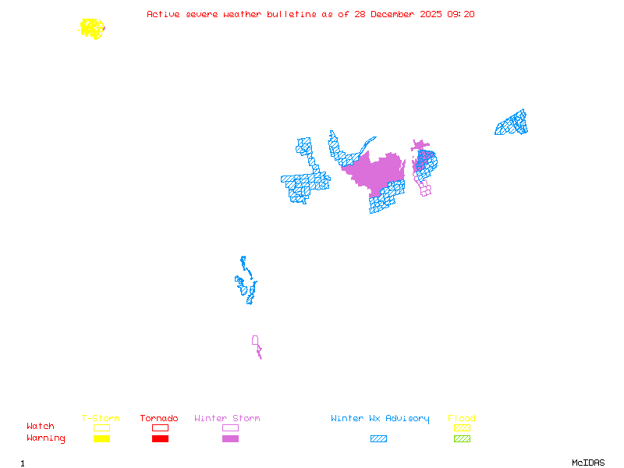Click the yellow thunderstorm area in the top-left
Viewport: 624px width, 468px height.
point(92,29)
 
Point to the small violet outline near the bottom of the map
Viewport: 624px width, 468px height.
point(255,340)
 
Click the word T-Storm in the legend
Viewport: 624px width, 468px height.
point(101,419)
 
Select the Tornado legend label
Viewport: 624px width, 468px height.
point(159,419)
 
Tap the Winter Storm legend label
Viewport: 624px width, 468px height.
point(227,419)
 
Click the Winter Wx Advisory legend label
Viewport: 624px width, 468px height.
point(380,419)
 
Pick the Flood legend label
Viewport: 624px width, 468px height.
point(462,419)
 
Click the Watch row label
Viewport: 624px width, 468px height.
point(41,427)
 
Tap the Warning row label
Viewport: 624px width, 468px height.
point(46,438)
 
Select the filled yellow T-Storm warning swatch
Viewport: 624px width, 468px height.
point(101,438)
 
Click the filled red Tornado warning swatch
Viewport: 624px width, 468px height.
point(160,438)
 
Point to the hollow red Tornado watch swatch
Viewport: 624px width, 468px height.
point(160,427)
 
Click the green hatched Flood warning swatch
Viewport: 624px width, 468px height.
point(462,438)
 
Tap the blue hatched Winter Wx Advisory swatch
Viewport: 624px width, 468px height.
point(378,438)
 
